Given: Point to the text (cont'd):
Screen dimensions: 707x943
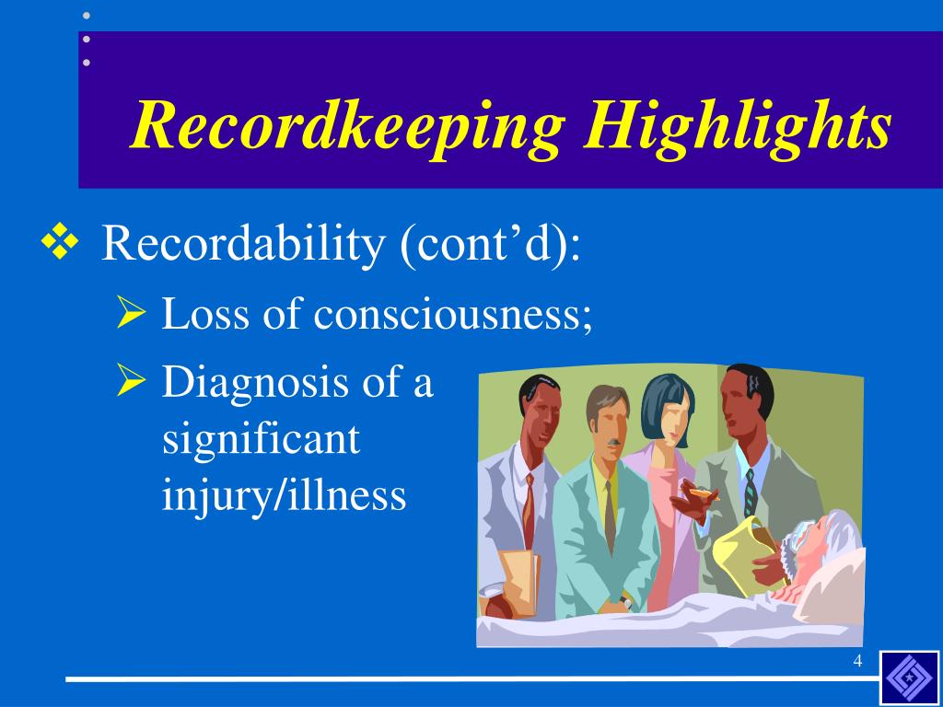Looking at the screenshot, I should pyautogui.click(x=490, y=244).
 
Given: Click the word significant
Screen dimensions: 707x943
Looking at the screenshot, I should pyautogui.click(x=261, y=439).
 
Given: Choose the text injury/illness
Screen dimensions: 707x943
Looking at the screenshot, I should pyautogui.click(x=284, y=495).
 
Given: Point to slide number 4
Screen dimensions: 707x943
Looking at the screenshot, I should pyautogui.click(x=857, y=662).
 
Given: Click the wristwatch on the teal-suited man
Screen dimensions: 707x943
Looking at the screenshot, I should pyautogui.click(x=627, y=599).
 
